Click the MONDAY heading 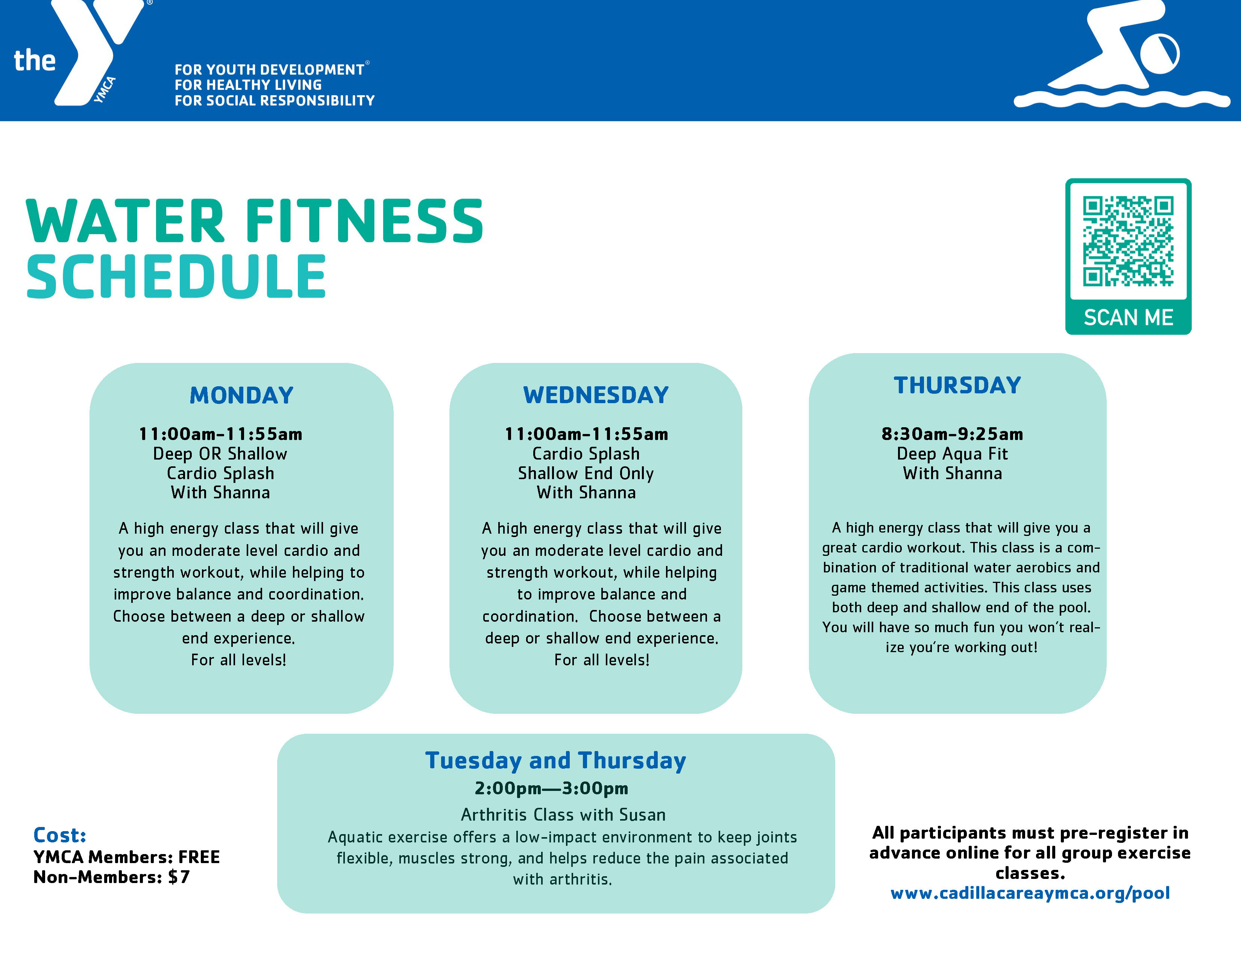point(241,395)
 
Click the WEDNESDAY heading point(596,395)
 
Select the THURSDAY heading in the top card point(957,385)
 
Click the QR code point(1128,241)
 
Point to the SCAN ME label point(1128,317)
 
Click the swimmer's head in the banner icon point(1159,54)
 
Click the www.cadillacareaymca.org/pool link point(1030,893)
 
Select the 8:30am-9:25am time point(952,434)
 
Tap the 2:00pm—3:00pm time point(551,788)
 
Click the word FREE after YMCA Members point(199,857)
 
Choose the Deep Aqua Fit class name point(952,454)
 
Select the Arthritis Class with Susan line point(563,815)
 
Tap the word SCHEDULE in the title point(176,277)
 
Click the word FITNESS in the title point(364,222)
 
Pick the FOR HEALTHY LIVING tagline point(248,85)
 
